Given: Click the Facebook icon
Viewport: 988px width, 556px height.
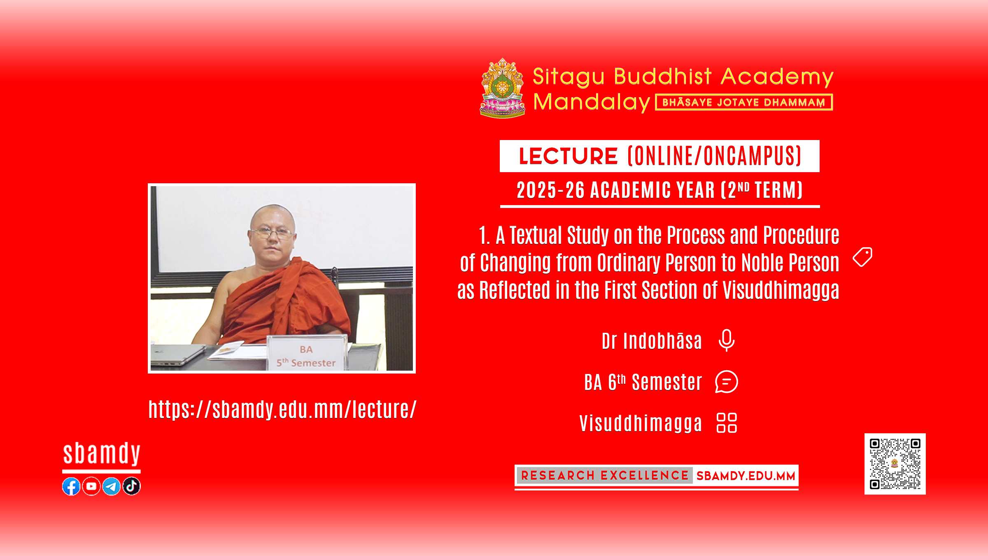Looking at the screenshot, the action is coord(71,486).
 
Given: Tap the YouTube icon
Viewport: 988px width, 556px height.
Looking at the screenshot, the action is coord(91,486).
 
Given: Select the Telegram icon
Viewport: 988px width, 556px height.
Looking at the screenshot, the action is coord(112,486).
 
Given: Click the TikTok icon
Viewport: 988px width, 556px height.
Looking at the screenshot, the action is coord(132,486).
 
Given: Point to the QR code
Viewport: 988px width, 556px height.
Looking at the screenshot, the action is coord(895,464).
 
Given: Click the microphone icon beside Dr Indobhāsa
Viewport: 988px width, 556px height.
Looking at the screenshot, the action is coord(727,341).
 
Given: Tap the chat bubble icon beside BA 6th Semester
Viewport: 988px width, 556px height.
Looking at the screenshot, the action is coord(727,382).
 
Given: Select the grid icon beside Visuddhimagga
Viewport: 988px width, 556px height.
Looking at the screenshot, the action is coord(727,423).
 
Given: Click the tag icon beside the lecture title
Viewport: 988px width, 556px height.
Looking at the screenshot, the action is coord(862,257).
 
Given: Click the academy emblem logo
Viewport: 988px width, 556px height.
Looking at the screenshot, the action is coord(503,88).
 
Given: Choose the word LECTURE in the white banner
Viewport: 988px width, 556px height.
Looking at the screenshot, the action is coord(568,157).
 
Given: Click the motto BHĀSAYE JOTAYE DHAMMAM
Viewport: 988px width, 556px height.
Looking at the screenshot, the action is coord(744,103).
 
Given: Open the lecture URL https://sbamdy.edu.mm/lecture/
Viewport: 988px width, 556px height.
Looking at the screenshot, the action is coord(282,409).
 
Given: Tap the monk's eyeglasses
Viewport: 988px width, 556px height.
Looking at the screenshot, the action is coord(272,234).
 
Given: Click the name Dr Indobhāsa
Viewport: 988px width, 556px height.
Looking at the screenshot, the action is coord(652,341).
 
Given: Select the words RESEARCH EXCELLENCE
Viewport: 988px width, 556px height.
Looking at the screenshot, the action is coord(605,476).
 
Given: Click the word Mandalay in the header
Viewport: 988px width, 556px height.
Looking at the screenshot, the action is coord(592,102).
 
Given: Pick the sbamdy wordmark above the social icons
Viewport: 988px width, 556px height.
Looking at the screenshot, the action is coord(102,454).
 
